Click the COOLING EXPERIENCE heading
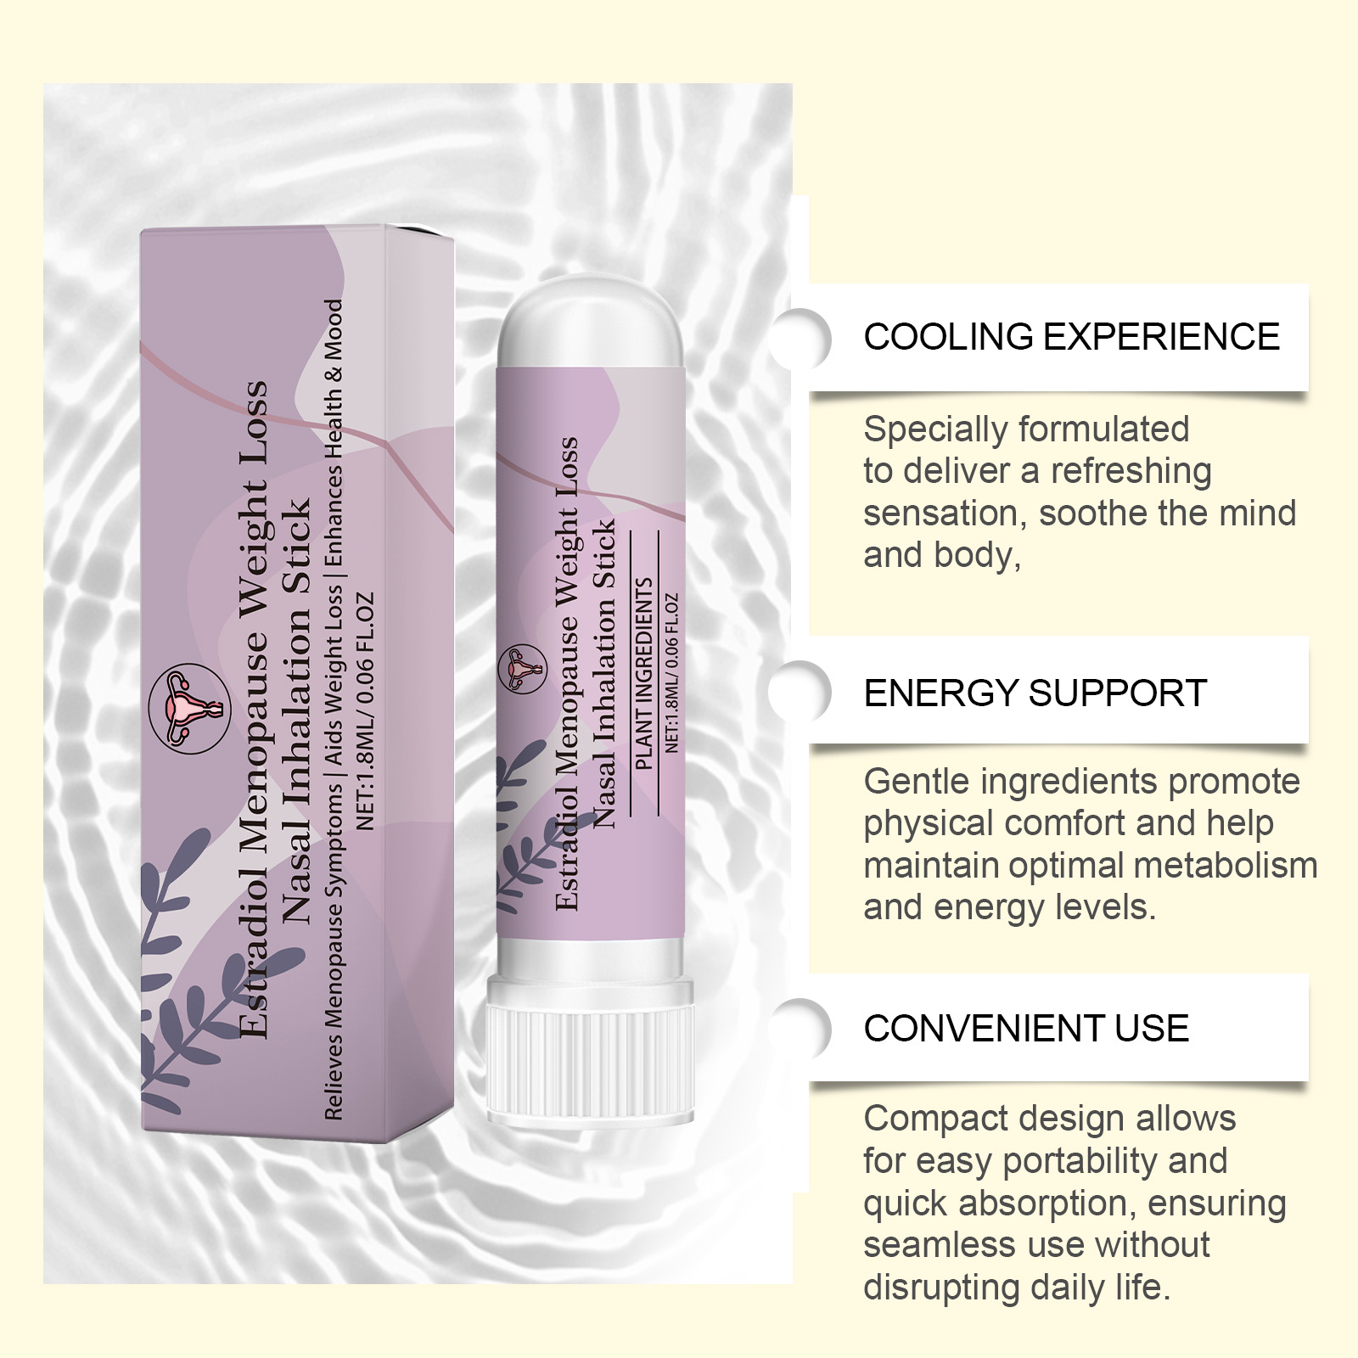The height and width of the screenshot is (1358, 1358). (x=1071, y=337)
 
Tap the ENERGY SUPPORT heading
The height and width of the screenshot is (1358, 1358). (x=1035, y=693)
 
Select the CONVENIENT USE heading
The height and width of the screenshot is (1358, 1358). (x=1026, y=1029)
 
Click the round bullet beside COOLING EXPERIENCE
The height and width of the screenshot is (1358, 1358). (x=800, y=338)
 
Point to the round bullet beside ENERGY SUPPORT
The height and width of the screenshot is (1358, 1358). (x=800, y=692)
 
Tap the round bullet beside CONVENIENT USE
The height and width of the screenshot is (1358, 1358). (x=800, y=1029)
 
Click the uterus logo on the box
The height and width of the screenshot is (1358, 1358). (x=188, y=709)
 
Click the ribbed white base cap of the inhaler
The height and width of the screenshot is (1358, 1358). (x=591, y=1053)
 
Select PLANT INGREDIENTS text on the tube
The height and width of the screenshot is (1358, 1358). (x=644, y=674)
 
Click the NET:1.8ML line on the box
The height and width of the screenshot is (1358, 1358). (x=365, y=710)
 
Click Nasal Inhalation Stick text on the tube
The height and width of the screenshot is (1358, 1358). (x=603, y=675)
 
